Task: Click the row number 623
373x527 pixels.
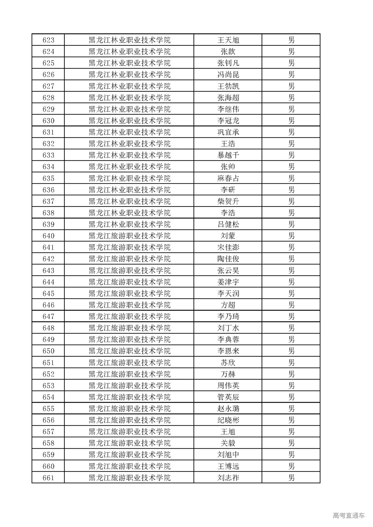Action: coord(48,40)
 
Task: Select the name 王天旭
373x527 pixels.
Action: coord(228,40)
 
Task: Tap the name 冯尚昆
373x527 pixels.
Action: coord(228,75)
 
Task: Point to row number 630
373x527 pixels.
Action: coord(48,121)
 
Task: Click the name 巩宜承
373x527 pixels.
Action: coord(228,132)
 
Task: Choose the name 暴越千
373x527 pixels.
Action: coord(228,155)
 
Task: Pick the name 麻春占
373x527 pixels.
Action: coord(228,178)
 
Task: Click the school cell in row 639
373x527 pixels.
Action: coord(129,224)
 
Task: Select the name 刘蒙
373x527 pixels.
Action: coord(228,236)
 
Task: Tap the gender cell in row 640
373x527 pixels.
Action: coord(291,236)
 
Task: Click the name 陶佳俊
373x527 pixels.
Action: coord(228,259)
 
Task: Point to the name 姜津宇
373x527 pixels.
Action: coord(228,282)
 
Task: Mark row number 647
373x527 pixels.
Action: coord(48,316)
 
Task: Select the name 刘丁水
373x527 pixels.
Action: coord(228,328)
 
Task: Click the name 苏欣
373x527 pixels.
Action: coord(228,362)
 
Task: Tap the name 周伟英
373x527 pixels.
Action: coord(228,385)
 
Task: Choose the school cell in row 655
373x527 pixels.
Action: coord(129,408)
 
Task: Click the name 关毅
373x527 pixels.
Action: coord(228,443)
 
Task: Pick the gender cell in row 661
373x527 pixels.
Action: coord(291,478)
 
